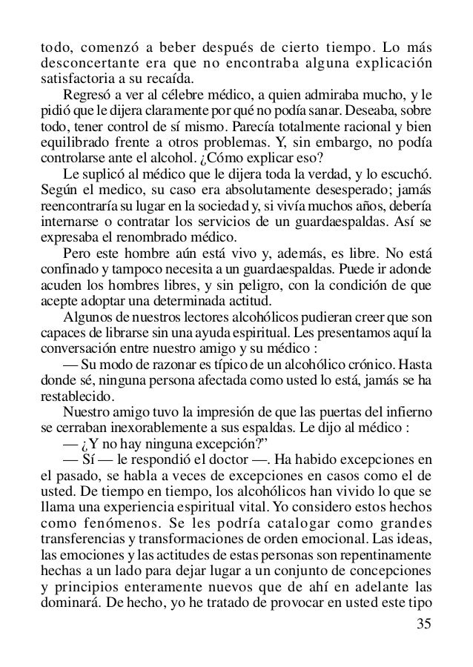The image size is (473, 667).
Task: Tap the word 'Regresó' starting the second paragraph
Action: pos(89,96)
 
